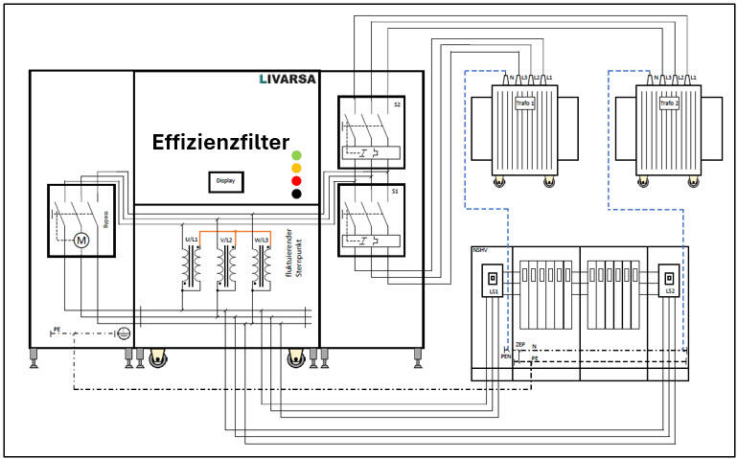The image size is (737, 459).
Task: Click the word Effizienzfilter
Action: (x=220, y=143)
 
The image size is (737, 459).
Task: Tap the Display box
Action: (x=225, y=179)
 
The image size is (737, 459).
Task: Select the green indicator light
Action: (x=297, y=153)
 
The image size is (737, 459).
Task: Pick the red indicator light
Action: (x=297, y=180)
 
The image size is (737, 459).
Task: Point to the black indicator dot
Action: (x=297, y=194)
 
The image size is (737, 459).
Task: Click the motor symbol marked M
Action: (x=81, y=240)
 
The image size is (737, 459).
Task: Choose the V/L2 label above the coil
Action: (x=226, y=237)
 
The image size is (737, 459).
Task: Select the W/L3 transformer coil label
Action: (x=262, y=237)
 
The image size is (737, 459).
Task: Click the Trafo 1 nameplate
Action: (x=524, y=103)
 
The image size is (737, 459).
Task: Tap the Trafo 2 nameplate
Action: (x=669, y=103)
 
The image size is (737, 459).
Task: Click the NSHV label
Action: (x=480, y=251)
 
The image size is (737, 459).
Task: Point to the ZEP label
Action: (x=520, y=343)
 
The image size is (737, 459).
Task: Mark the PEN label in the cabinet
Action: (x=506, y=356)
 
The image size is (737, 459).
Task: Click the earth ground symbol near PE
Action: (x=122, y=333)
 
